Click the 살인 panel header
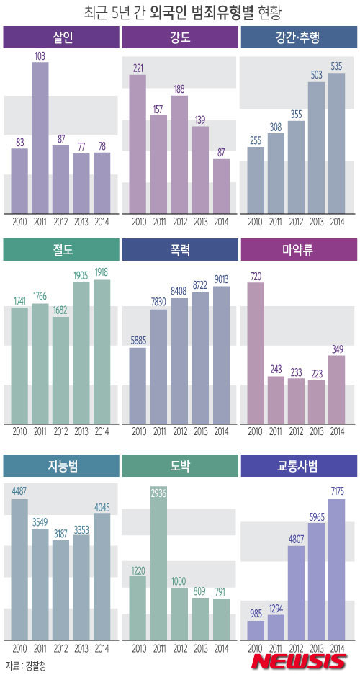(x=61, y=37)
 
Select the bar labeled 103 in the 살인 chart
(x=40, y=137)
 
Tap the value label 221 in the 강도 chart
(x=138, y=68)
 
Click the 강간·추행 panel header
(x=298, y=37)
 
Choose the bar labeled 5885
(x=138, y=385)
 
